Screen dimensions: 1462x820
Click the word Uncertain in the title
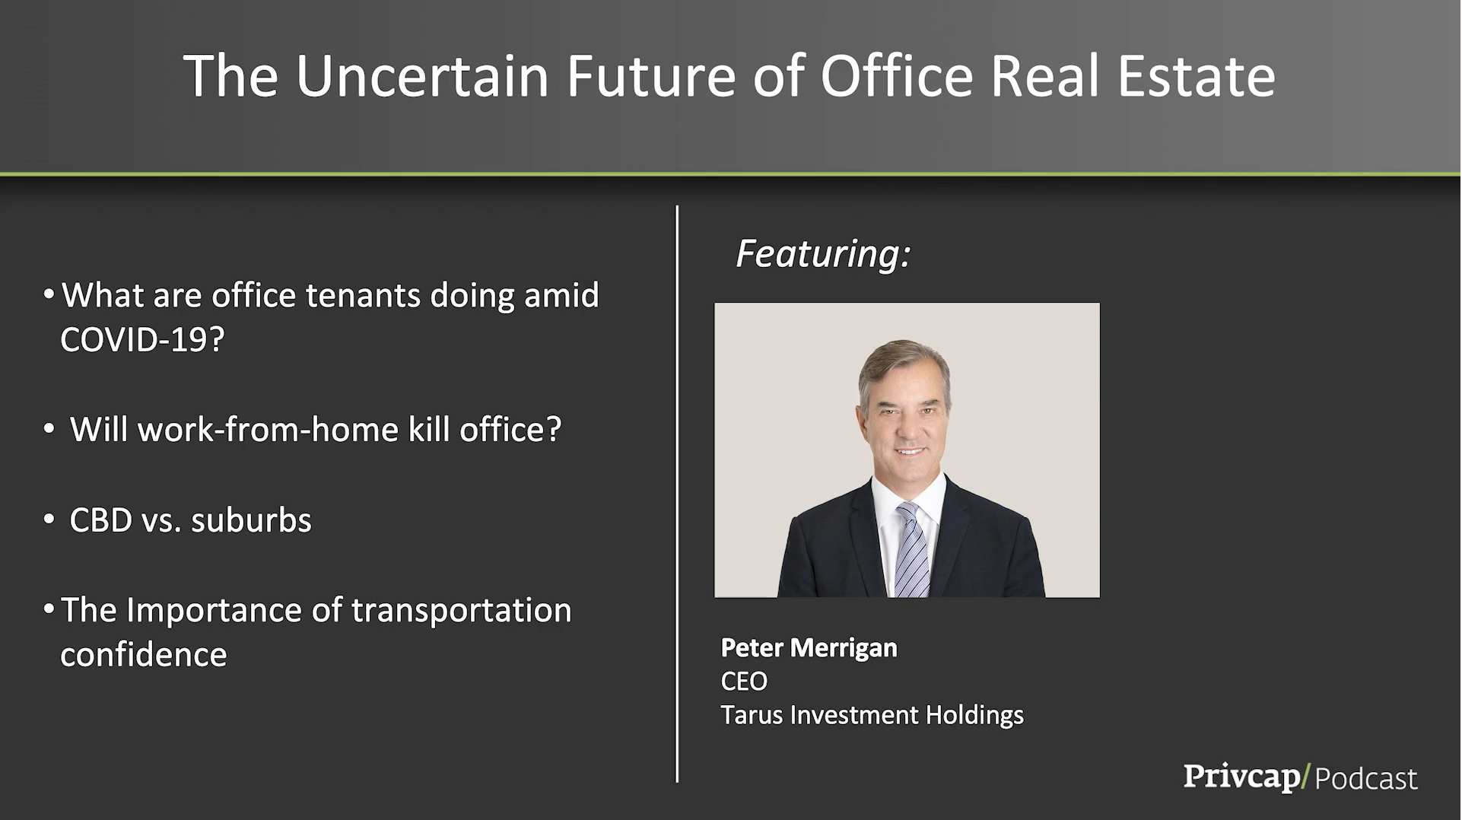[422, 76]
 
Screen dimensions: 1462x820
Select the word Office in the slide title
[897, 76]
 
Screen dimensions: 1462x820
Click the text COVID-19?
[142, 339]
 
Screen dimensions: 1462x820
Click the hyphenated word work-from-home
[269, 430]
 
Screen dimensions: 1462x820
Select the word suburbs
[251, 520]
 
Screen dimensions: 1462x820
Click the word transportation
[461, 610]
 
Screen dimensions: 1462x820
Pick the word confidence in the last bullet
[144, 655]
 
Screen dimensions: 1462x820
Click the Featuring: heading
[823, 253]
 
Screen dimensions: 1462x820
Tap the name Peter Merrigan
[809, 647]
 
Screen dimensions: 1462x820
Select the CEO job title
[744, 681]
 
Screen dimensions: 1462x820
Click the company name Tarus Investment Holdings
[872, 715]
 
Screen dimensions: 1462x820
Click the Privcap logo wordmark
[1241, 777]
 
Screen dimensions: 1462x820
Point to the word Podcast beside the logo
[1366, 779]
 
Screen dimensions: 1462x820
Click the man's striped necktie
[911, 550]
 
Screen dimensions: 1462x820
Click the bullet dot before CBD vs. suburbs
[49, 520]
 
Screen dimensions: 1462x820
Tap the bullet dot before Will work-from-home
[49, 429]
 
